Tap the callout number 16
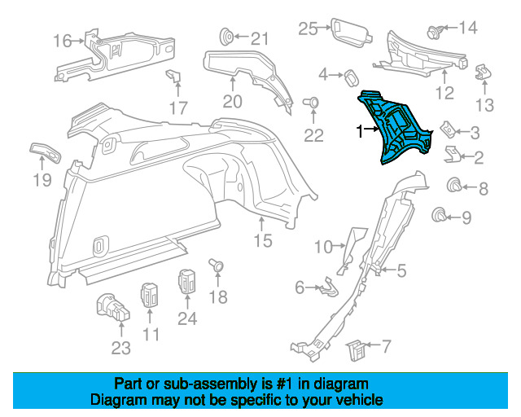[x=62, y=42]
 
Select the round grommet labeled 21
[x=227, y=37]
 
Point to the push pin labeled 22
[x=311, y=103]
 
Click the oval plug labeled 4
[x=352, y=78]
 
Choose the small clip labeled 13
[x=484, y=72]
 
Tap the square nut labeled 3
[x=448, y=129]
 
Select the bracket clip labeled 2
[x=452, y=154]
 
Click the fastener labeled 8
[x=454, y=185]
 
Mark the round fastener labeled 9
[x=440, y=215]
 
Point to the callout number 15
[x=263, y=240]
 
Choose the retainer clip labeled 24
[x=187, y=282]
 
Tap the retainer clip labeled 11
[x=150, y=296]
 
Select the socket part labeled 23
[x=113, y=308]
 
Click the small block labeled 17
[x=173, y=76]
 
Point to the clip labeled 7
[x=357, y=350]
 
